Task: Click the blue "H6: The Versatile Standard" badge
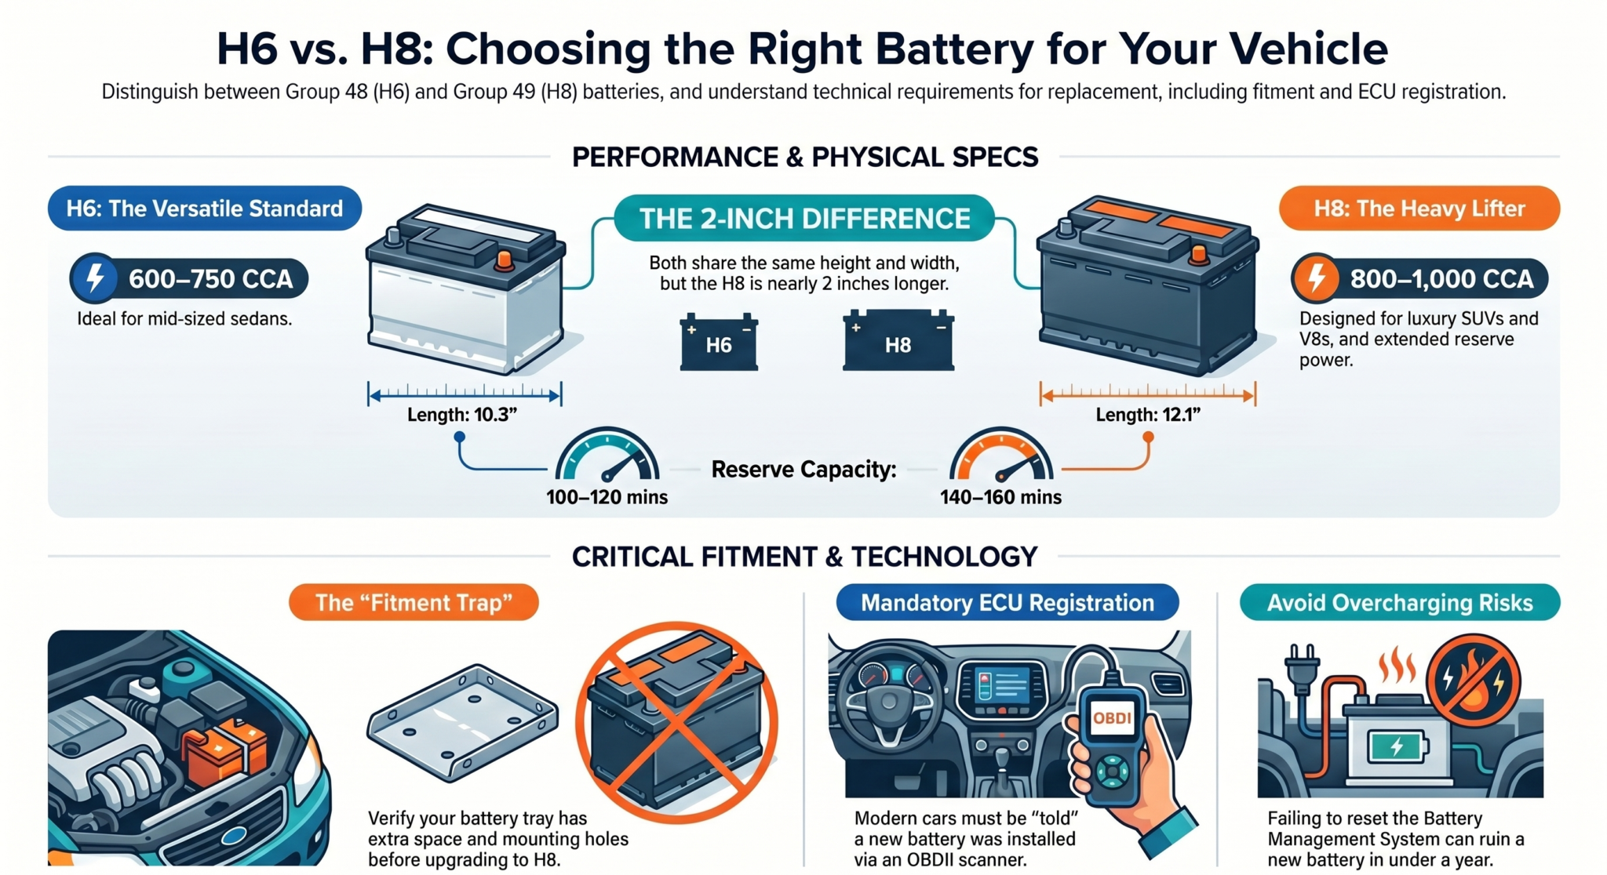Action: (x=204, y=208)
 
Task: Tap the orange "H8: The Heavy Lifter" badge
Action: (x=1419, y=208)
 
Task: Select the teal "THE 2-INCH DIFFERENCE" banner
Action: (x=804, y=218)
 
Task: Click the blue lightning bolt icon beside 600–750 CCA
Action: (x=94, y=278)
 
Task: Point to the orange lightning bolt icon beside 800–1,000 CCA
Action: (x=1316, y=278)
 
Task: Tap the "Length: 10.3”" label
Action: (x=462, y=415)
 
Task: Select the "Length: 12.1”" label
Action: (x=1148, y=415)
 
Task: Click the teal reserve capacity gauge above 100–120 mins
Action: (x=607, y=454)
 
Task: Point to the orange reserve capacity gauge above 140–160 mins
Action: (x=1000, y=454)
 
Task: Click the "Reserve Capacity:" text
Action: (x=803, y=470)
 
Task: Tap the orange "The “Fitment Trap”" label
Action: (x=414, y=602)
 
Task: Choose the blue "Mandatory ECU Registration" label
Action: (x=1008, y=602)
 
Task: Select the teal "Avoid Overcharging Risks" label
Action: (x=1400, y=602)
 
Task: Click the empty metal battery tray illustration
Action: (x=463, y=721)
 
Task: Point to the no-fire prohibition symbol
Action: (x=1473, y=681)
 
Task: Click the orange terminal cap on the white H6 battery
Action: (x=505, y=260)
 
